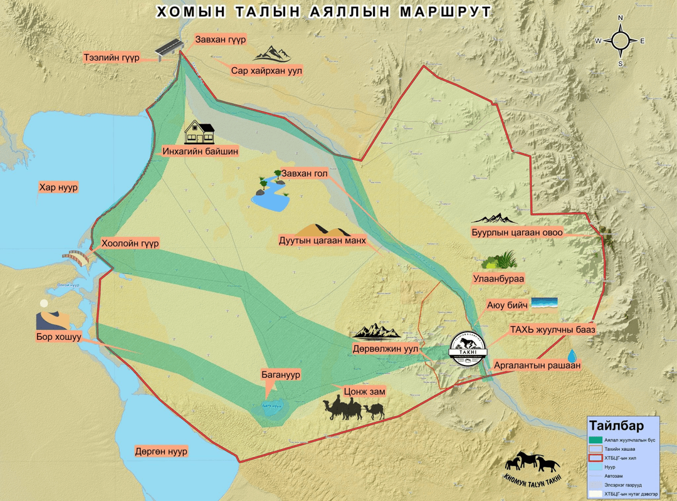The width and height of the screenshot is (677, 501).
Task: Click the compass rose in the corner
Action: pos(620,41)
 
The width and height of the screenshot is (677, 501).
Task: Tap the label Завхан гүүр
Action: pos(220,40)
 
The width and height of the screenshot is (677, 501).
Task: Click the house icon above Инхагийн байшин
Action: pos(199,132)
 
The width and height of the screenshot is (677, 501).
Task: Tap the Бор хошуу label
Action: pos(60,337)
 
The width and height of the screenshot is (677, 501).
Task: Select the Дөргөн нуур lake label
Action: pos(161,451)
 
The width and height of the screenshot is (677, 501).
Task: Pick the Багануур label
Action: pos(281,374)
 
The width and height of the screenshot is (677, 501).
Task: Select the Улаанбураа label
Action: pos(499,278)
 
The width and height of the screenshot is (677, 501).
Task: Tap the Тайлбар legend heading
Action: pos(608,426)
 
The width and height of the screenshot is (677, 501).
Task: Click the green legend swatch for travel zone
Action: pos(595,440)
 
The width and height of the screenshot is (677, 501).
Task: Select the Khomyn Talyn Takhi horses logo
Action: pos(532,467)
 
